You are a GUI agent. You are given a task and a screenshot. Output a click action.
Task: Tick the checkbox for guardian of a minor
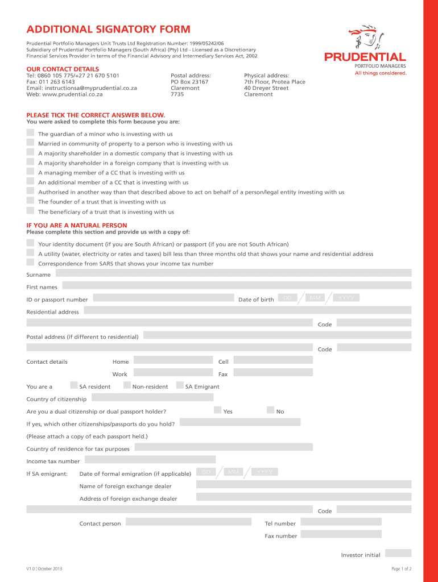tap(30, 132)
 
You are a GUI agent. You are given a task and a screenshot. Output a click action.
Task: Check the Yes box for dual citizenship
tap(218, 410)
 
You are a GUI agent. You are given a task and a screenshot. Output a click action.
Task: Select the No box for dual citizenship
tap(271, 410)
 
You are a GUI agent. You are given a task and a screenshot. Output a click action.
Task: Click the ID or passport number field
tap(163, 298)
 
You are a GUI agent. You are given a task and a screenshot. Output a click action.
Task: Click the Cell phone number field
tap(273, 360)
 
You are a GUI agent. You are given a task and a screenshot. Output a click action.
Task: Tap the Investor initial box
tap(398, 553)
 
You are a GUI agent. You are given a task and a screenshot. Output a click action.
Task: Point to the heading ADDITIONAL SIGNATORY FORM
tap(108, 30)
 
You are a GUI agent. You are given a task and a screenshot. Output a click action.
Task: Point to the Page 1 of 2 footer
tap(401, 569)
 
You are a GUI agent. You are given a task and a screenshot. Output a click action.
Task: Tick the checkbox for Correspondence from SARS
tap(30, 262)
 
